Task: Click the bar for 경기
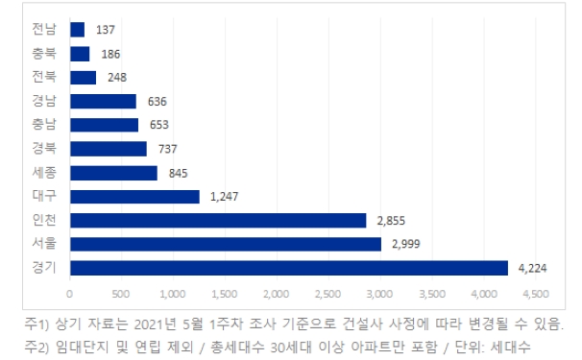(288, 268)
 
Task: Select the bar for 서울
(225, 244)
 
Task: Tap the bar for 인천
(217, 220)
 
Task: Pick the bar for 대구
(134, 197)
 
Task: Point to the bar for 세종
(113, 173)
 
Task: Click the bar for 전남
(77, 30)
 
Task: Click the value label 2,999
(406, 244)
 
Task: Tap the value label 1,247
(222, 197)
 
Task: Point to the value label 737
(168, 149)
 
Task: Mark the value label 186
(110, 54)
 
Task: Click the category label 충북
(44, 54)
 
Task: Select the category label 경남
(44, 101)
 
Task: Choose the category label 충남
(44, 125)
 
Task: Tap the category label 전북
(44, 77)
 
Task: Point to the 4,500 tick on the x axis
(534, 292)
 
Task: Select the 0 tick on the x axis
(69, 292)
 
